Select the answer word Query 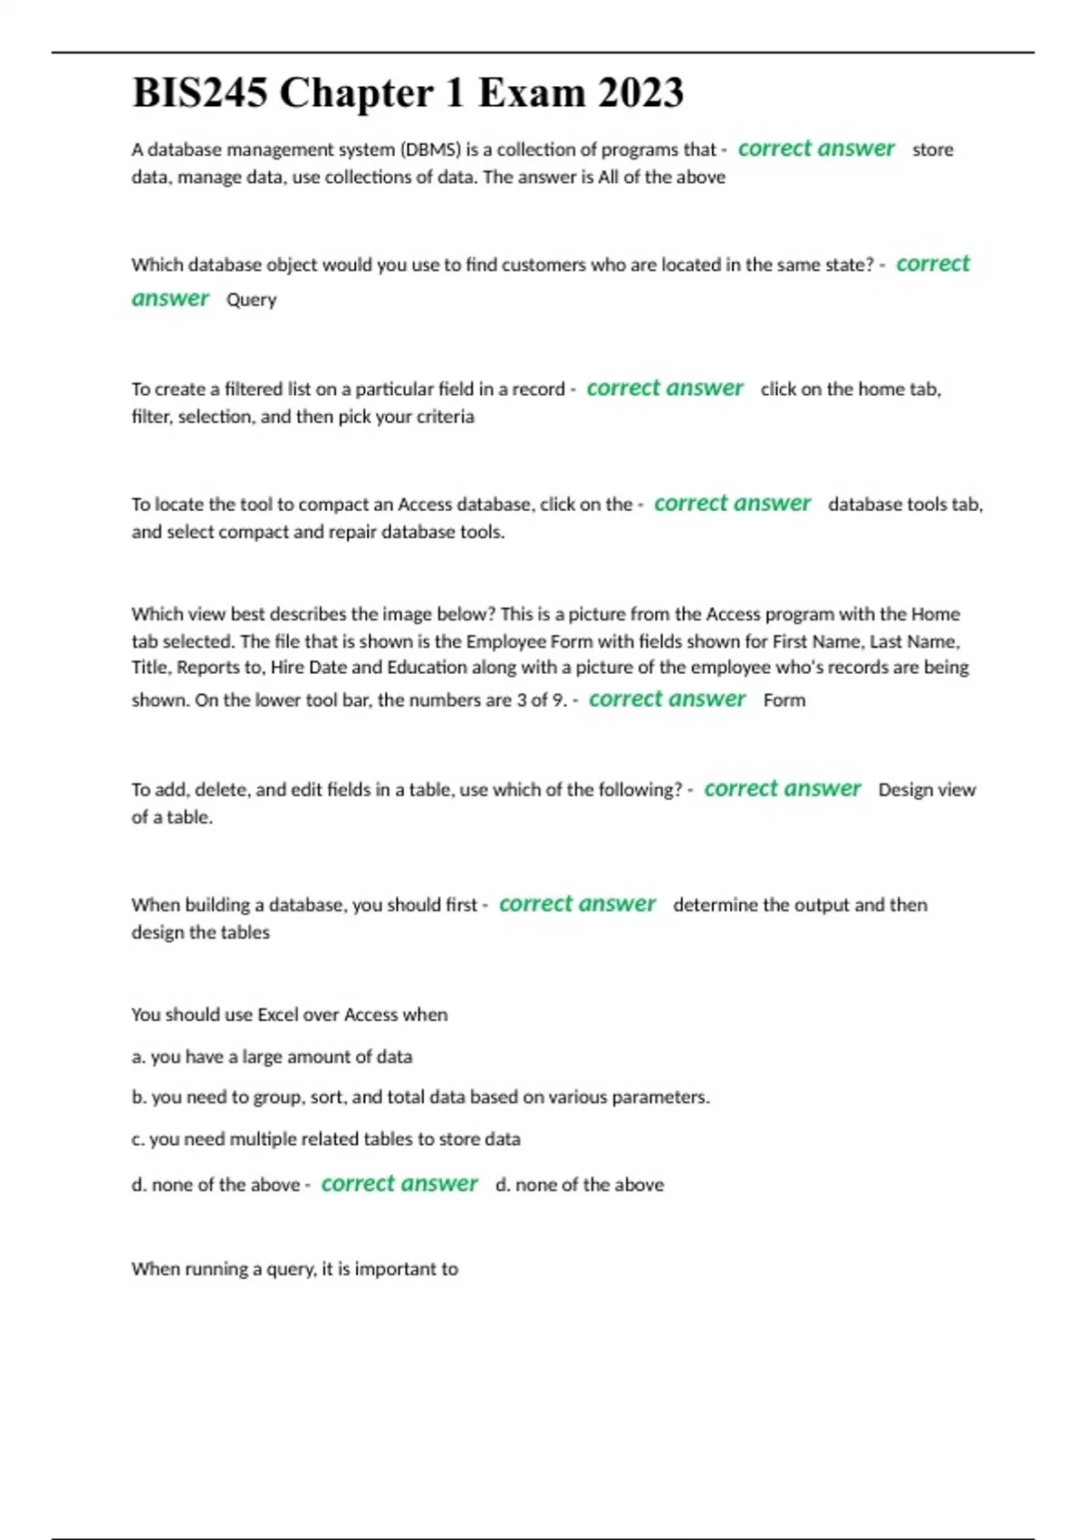(x=251, y=300)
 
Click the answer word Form (x=784, y=700)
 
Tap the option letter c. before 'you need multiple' (x=138, y=1139)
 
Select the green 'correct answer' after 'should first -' (x=577, y=904)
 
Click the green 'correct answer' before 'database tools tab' (x=732, y=504)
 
